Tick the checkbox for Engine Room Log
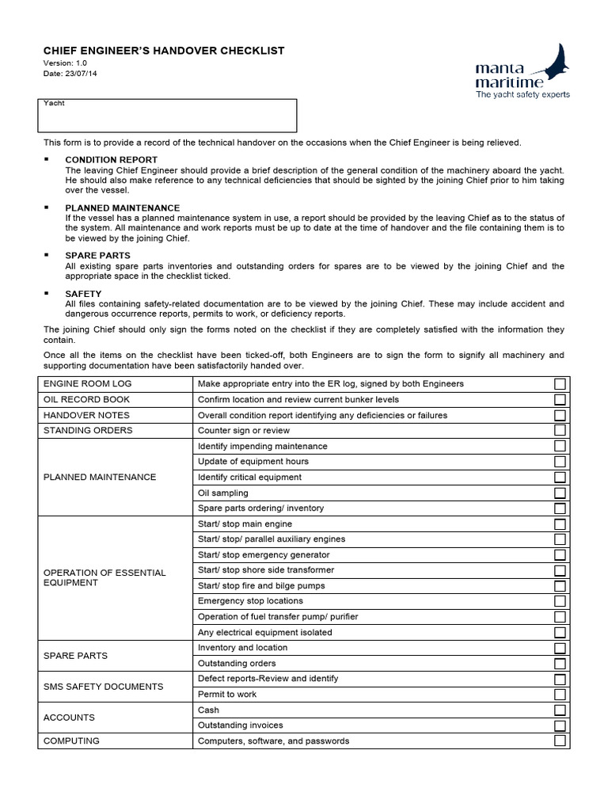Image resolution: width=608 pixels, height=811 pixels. [560, 384]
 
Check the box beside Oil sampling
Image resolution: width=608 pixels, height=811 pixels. [560, 493]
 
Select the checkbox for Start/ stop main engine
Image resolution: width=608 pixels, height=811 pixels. [560, 524]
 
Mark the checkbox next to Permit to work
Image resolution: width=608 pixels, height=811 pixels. [560, 695]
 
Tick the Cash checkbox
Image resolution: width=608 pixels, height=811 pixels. [560, 710]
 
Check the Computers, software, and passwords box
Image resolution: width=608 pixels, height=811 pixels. [560, 741]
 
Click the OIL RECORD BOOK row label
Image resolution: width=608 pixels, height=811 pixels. [86, 400]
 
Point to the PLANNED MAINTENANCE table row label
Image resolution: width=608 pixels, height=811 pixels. [100, 478]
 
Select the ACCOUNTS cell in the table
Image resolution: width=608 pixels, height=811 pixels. [69, 718]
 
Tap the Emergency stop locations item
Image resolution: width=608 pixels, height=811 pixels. [250, 601]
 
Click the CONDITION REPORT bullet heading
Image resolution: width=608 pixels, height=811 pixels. [111, 160]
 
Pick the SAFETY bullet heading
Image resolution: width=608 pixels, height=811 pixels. [83, 294]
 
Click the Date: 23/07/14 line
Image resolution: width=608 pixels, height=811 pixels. [70, 74]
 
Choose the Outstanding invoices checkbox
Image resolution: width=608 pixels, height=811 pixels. [560, 725]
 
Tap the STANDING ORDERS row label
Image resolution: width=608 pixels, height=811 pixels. [88, 431]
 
